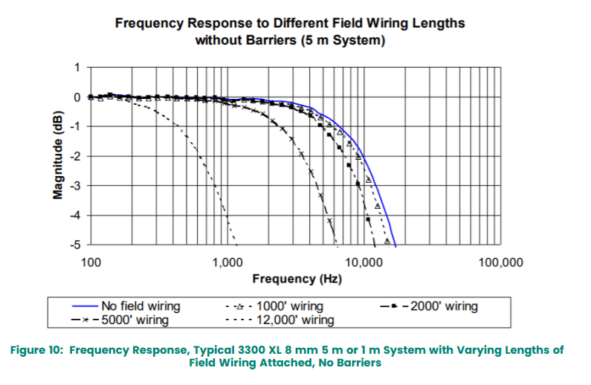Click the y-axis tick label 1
[x=76, y=68]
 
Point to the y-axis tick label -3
[x=74, y=185]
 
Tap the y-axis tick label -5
[x=74, y=244]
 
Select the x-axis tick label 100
[x=91, y=262]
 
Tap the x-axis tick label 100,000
[x=499, y=262]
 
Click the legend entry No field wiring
[x=141, y=306]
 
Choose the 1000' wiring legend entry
[x=290, y=306]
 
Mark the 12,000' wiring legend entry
[x=294, y=320]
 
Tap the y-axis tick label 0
[x=76, y=97]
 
